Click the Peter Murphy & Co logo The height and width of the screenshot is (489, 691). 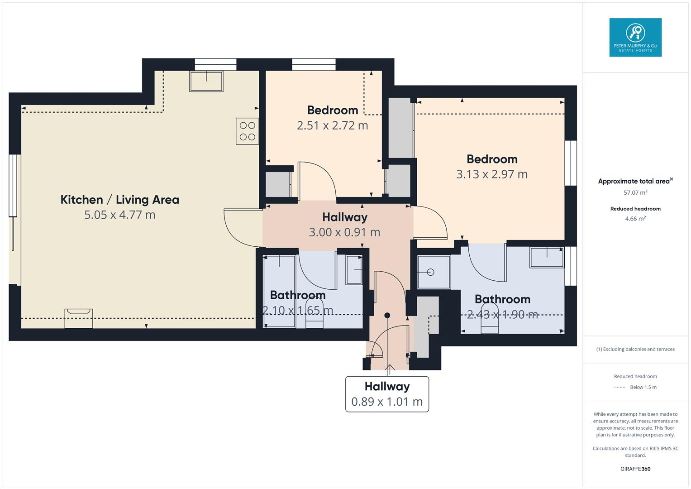coord(635,37)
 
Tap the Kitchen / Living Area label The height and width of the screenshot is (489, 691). coord(120,200)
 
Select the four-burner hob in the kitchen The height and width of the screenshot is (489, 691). coord(247,131)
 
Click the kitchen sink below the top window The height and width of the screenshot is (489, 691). coord(206,81)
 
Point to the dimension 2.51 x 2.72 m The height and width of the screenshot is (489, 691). coord(332,125)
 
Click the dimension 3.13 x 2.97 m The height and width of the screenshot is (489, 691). coord(491,174)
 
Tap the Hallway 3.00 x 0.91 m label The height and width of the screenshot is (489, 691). coord(344,225)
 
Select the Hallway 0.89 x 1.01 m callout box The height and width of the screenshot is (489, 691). coord(387,394)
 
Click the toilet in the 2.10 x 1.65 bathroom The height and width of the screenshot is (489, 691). coord(315,317)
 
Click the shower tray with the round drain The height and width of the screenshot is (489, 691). coord(434,272)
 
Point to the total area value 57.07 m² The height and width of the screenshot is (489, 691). coord(635,192)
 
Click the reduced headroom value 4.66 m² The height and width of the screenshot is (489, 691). coord(635,219)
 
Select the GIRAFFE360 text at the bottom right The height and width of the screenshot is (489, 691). coord(635,469)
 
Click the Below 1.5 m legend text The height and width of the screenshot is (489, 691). coord(643,387)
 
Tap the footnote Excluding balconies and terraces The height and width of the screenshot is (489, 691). coord(635,349)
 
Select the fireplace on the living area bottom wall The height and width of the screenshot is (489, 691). coord(79,318)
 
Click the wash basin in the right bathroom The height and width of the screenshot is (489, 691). coord(547,257)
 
